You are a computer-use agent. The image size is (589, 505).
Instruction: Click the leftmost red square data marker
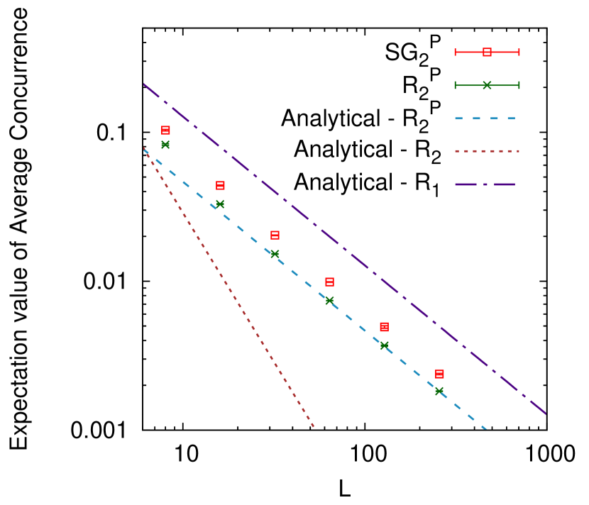[165, 130]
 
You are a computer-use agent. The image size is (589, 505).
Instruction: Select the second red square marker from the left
[220, 185]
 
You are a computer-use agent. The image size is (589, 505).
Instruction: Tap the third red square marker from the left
[275, 235]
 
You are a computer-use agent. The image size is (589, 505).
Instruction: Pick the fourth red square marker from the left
[329, 282]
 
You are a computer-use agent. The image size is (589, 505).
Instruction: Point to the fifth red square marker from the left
[384, 327]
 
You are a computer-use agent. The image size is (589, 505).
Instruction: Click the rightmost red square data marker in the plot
[439, 374]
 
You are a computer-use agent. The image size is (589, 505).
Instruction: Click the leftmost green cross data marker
[165, 145]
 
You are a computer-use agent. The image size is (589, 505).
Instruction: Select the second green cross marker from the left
[220, 204]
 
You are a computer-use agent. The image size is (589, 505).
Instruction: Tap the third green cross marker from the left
[275, 254]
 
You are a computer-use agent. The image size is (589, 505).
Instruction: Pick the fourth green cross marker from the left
[329, 300]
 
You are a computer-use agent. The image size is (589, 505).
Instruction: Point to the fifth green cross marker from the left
[384, 345]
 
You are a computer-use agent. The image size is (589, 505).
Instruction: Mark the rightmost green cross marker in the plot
[439, 391]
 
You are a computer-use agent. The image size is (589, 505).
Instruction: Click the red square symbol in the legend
[487, 52]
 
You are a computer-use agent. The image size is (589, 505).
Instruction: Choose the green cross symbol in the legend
[487, 85]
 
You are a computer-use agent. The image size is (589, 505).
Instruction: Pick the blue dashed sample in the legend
[485, 118]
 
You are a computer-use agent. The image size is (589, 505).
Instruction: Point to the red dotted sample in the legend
[487, 151]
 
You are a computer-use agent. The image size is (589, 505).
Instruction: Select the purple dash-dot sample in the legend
[485, 184]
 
